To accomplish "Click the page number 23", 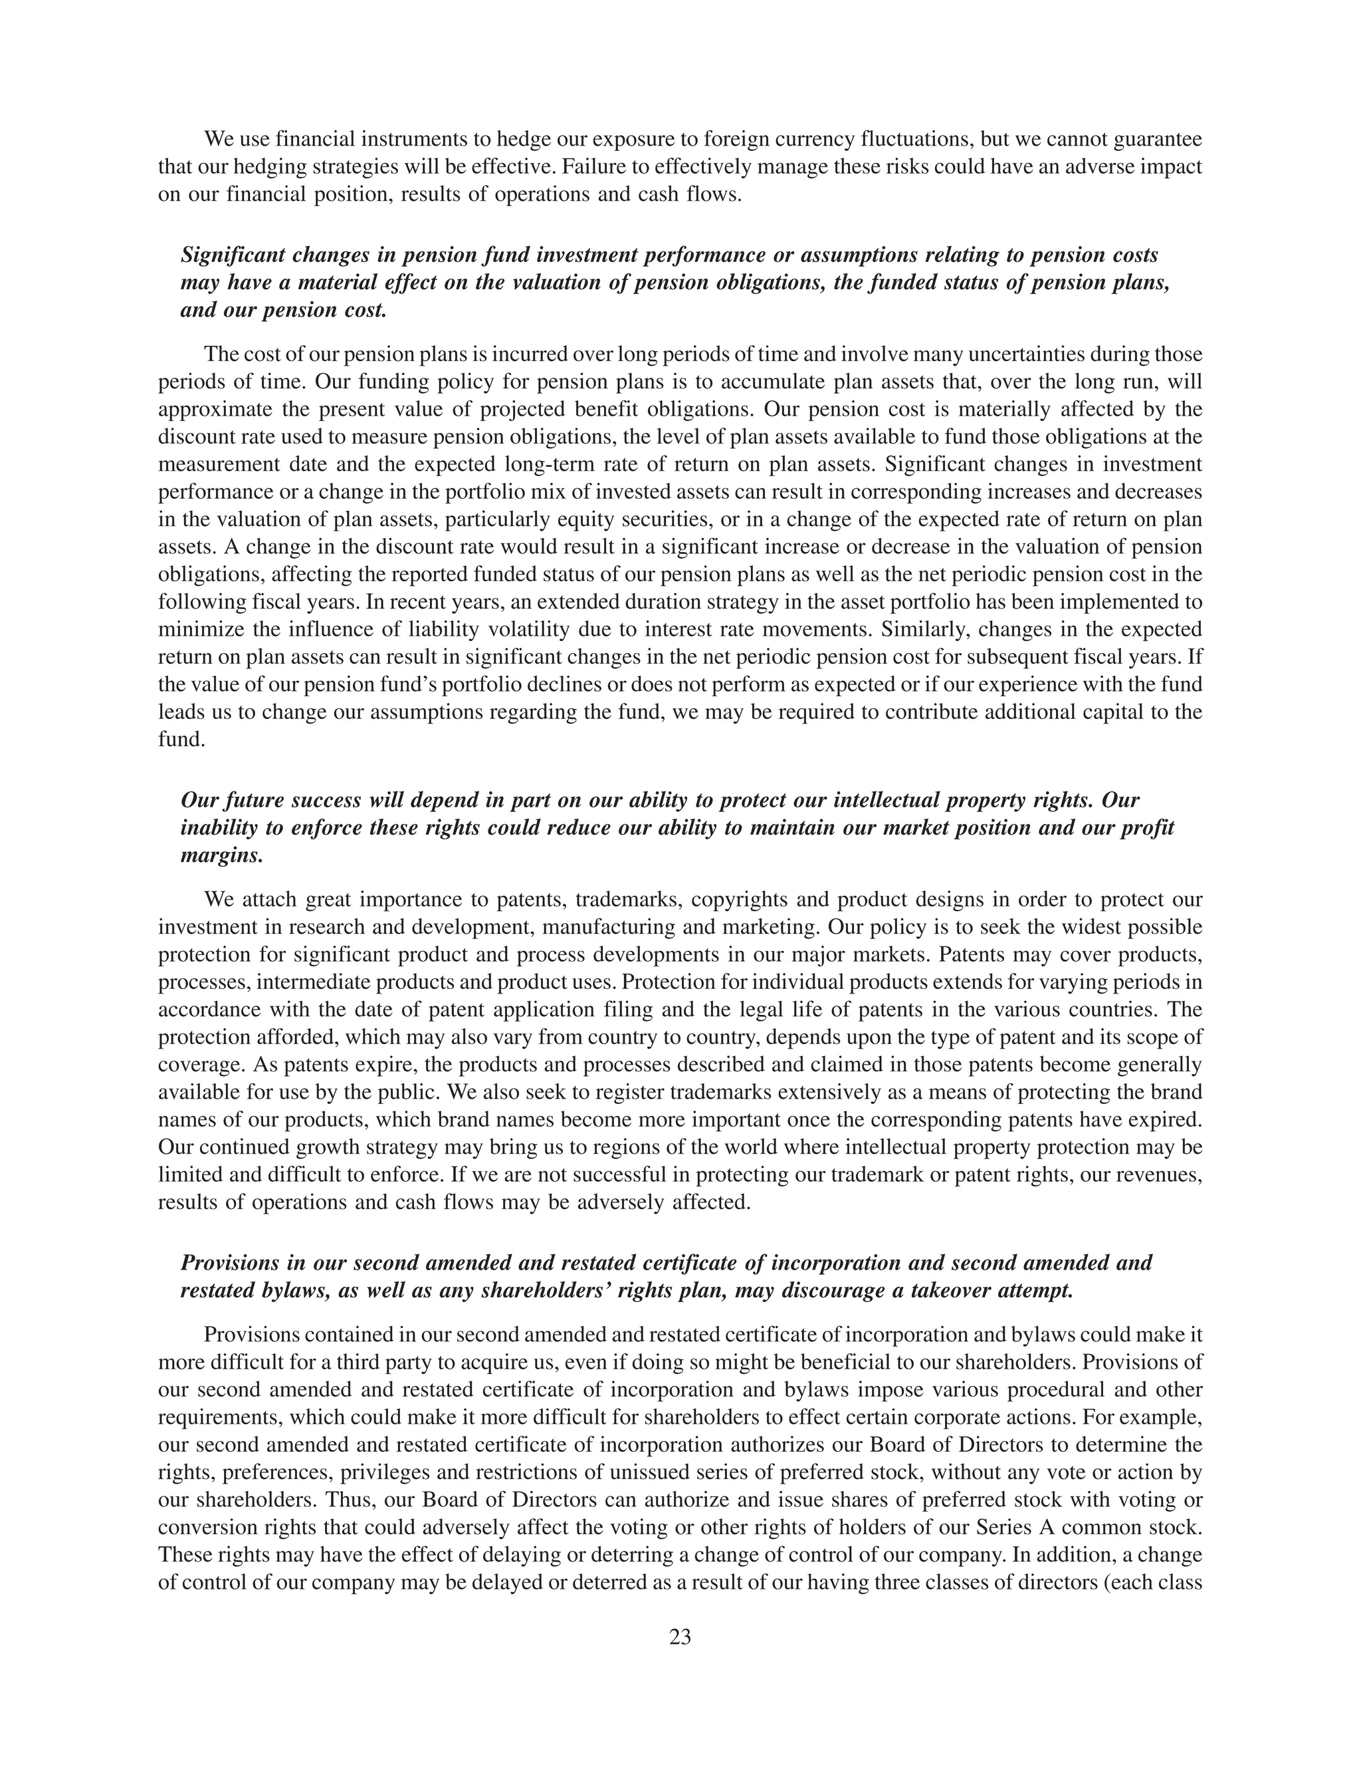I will click(680, 1637).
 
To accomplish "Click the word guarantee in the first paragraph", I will click(1158, 140).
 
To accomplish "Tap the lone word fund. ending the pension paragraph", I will click(178, 740).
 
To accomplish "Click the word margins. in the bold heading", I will click(221, 856).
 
